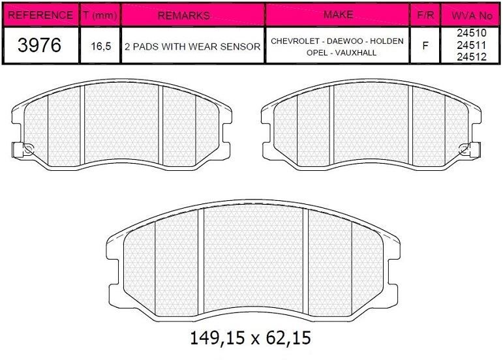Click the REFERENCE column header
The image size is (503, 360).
40,14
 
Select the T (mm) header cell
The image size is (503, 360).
100,14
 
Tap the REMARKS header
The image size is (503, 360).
192,14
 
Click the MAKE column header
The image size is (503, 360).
337,14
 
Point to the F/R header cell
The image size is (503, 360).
426,14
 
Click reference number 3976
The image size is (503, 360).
40,45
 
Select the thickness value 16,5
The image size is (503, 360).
100,46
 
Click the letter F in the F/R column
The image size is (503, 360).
426,46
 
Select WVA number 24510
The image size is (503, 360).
471,33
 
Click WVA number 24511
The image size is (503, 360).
471,44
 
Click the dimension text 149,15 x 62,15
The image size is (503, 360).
249,338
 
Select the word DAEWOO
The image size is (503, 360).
344,41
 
